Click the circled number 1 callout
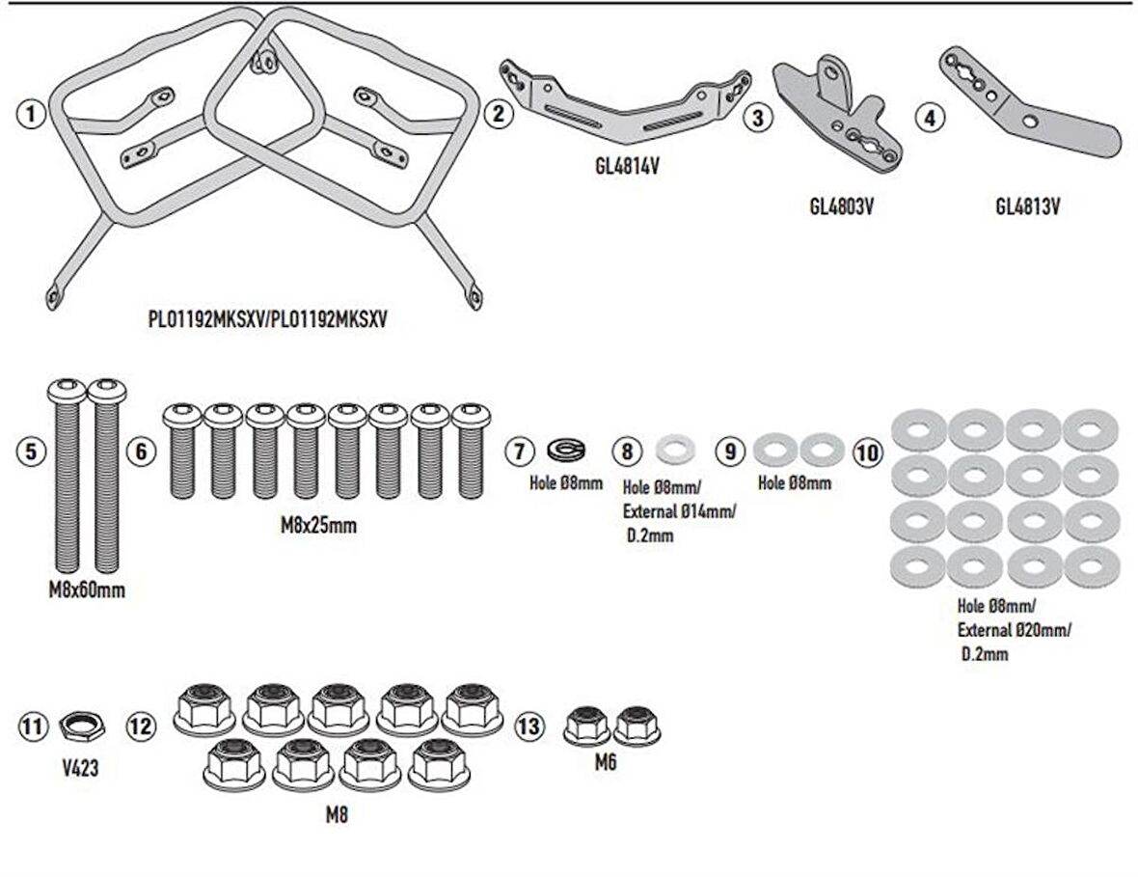pyautogui.click(x=32, y=115)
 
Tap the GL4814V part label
pyautogui.click(x=626, y=166)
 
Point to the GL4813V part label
pyautogui.click(x=1027, y=206)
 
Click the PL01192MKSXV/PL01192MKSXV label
pyautogui.click(x=267, y=320)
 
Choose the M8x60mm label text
pyautogui.click(x=86, y=590)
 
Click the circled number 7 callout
pyautogui.click(x=519, y=451)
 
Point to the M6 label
pyautogui.click(x=605, y=763)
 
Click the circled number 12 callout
pyautogui.click(x=142, y=726)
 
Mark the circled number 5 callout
pyautogui.click(x=32, y=451)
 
